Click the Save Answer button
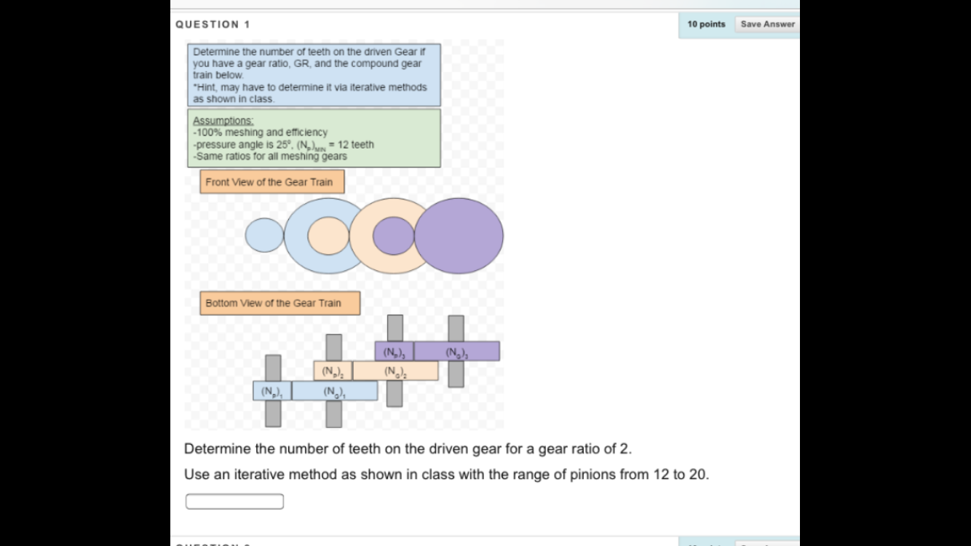(x=767, y=24)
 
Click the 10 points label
(x=706, y=24)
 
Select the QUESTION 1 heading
(x=213, y=24)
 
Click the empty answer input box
(x=234, y=502)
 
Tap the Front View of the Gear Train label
(x=272, y=182)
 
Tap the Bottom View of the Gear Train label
(x=280, y=303)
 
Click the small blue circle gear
(x=263, y=235)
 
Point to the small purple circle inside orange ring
(x=394, y=236)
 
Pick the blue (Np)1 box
(x=272, y=391)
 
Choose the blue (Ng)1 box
(x=335, y=391)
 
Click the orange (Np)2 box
(x=333, y=371)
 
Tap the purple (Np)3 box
(x=394, y=352)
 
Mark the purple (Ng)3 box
(x=456, y=352)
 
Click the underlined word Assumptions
(x=223, y=121)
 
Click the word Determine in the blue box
(x=215, y=52)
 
